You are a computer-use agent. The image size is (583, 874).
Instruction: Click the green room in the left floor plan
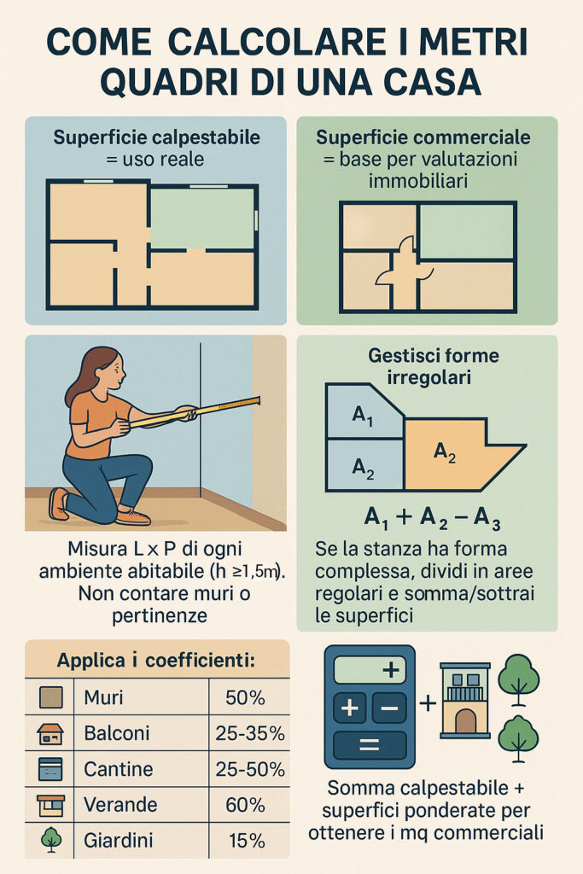coord(202,218)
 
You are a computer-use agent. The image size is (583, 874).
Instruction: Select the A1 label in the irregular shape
coord(363,417)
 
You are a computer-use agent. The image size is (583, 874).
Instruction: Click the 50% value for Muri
coord(245,698)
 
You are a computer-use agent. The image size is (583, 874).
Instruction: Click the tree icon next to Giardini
coord(51,840)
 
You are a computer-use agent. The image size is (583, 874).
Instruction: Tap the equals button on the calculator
coord(369,743)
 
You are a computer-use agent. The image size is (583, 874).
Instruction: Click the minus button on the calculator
coord(389,708)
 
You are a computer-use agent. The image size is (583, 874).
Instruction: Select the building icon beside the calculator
coord(465,700)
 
